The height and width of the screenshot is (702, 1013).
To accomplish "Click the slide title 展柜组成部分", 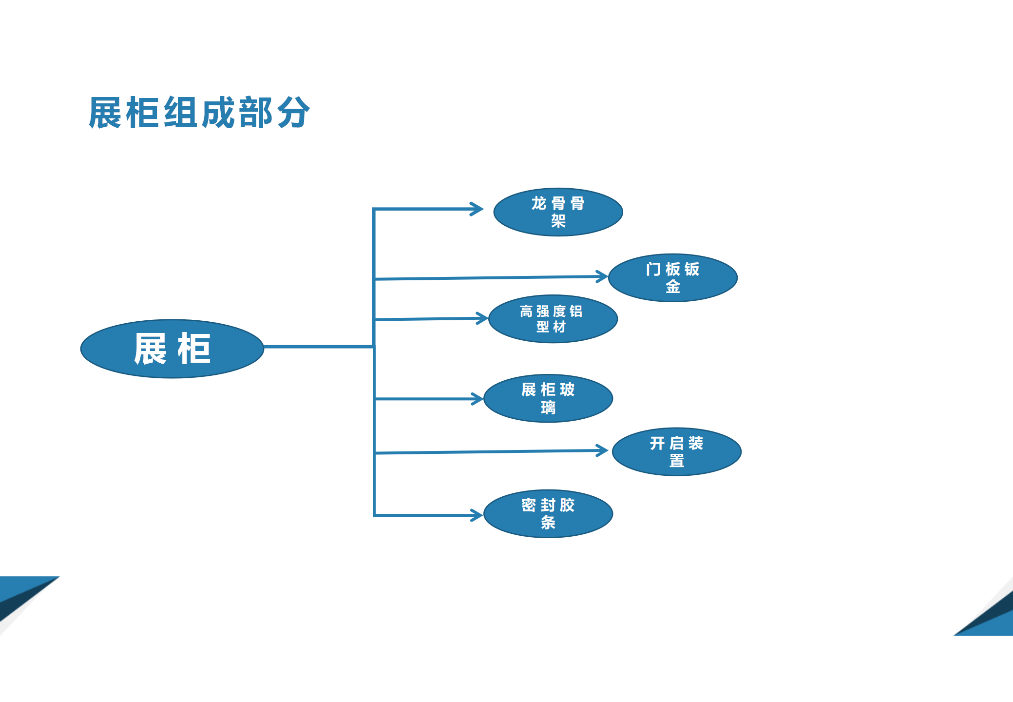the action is click(x=199, y=113).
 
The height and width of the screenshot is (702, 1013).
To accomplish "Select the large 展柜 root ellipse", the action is click(x=172, y=349).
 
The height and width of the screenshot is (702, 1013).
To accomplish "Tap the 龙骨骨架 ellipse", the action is click(x=558, y=212).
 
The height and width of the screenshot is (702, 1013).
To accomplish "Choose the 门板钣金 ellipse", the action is click(x=672, y=278).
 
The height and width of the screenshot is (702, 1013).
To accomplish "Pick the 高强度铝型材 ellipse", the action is click(x=553, y=319).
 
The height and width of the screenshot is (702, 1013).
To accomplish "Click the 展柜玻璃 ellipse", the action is click(x=548, y=398).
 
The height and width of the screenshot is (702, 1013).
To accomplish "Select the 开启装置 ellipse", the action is click(x=676, y=452).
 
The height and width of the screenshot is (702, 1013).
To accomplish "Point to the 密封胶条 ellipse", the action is click(x=548, y=514).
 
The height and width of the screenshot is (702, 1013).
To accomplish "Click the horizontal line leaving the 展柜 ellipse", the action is click(x=319, y=347).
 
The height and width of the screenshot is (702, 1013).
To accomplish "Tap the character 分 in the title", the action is click(x=293, y=113).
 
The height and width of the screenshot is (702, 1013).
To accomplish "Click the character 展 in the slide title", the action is click(x=105, y=113).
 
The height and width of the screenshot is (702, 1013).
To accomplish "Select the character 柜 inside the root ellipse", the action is click(x=194, y=349).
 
